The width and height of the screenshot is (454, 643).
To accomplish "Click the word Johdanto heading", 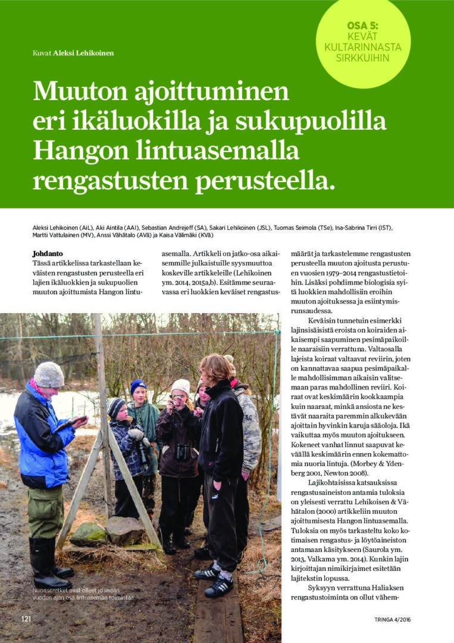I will coord(48,253).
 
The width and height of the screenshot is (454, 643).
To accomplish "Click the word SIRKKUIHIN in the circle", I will coord(362,58).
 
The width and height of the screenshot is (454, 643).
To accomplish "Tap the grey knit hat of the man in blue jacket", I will coord(49,374).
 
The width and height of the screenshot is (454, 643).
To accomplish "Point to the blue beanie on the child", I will coord(138,386).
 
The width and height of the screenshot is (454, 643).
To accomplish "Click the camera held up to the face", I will coord(177,397).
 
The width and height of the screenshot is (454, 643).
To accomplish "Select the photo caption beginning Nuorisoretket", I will coord(83,593).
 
